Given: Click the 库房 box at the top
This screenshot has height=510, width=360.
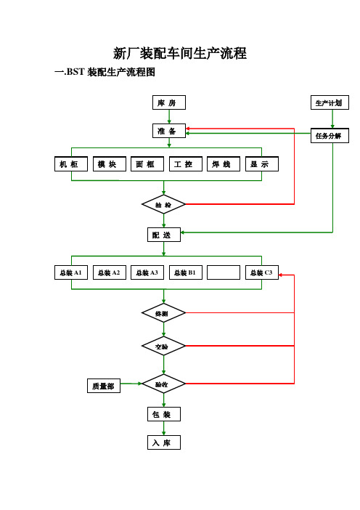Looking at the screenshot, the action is click(169, 102).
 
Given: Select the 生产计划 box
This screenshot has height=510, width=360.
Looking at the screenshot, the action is click(330, 102).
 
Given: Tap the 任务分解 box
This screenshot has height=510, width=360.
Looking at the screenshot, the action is click(330, 136).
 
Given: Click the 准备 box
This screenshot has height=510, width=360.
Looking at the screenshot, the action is click(169, 131).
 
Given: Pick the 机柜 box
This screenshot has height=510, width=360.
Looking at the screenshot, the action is click(71, 164).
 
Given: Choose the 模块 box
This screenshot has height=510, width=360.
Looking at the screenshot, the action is click(110, 164).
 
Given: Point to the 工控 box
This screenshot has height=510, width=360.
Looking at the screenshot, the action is click(186, 164).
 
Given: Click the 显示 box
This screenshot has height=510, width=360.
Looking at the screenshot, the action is click(262, 164).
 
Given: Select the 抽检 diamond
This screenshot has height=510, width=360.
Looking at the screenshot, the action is click(163, 204).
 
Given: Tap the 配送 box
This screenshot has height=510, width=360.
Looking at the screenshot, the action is click(164, 235).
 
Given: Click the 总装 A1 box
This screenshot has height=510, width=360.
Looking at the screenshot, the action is click(71, 272).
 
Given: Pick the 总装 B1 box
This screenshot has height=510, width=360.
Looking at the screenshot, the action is click(186, 272).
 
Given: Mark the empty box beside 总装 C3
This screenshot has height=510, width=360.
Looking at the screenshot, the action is click(224, 272).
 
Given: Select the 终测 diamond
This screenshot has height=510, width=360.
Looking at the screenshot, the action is click(163, 313).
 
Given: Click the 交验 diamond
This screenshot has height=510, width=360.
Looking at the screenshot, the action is click(163, 346).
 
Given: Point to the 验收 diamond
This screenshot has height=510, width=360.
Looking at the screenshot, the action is click(163, 384).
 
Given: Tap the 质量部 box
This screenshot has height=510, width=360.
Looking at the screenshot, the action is click(104, 386).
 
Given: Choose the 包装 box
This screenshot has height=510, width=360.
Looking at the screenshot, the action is click(164, 414).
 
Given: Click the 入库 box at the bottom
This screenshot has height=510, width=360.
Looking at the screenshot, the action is click(164, 442).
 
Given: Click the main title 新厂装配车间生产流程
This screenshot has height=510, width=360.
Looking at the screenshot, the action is click(180, 53).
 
